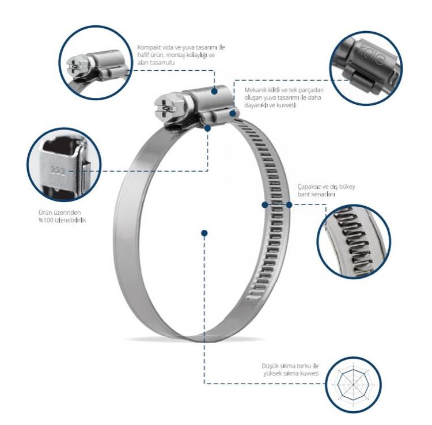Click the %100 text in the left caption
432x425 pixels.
[x=44, y=220]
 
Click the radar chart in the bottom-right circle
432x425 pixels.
[x=354, y=385]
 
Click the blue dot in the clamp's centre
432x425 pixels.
[x=204, y=233]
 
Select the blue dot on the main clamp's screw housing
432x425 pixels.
[x=214, y=91]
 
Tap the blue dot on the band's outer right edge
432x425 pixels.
[x=289, y=204]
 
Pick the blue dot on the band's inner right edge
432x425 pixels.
[x=265, y=204]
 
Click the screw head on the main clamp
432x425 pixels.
[x=165, y=109]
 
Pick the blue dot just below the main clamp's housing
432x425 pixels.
[x=208, y=128]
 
